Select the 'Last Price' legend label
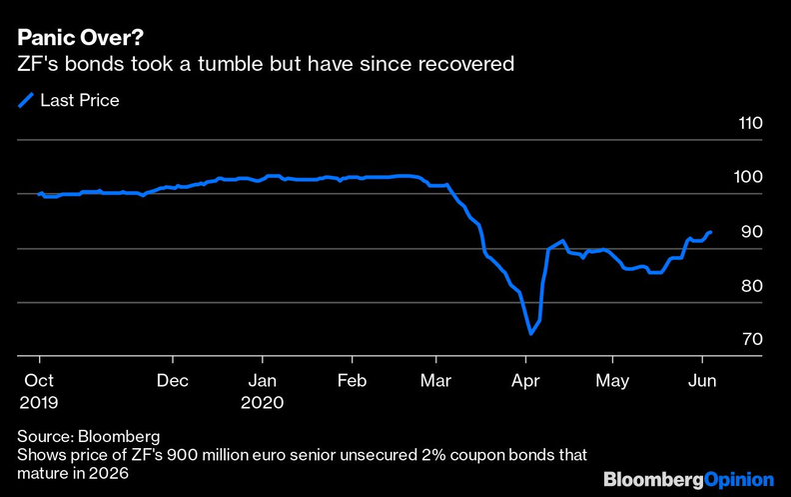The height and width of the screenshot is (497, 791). point(79,100)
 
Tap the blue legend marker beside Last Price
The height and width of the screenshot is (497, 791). point(25,100)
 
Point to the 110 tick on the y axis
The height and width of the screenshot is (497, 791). point(749,124)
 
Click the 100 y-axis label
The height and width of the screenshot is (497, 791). point(749,178)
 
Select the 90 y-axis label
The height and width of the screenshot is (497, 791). point(751,232)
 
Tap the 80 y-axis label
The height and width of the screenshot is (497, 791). point(751,286)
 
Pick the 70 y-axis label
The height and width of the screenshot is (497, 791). point(751,340)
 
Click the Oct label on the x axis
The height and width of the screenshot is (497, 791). point(40,381)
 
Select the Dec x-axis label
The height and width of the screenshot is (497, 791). point(173,381)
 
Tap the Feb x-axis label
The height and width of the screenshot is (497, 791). point(351,381)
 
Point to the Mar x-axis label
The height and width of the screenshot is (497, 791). point(435,381)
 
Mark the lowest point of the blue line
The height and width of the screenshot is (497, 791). point(530,333)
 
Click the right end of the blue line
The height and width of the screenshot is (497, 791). point(710,232)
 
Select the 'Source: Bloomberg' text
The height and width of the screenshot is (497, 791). point(88,437)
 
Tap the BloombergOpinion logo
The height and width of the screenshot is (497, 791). point(688,479)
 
